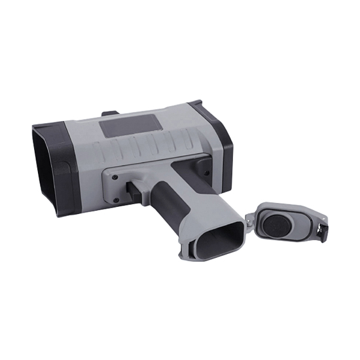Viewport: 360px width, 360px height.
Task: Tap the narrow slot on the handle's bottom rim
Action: (x=190, y=249)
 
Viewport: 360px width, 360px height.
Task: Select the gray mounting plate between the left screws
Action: (x=115, y=187)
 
